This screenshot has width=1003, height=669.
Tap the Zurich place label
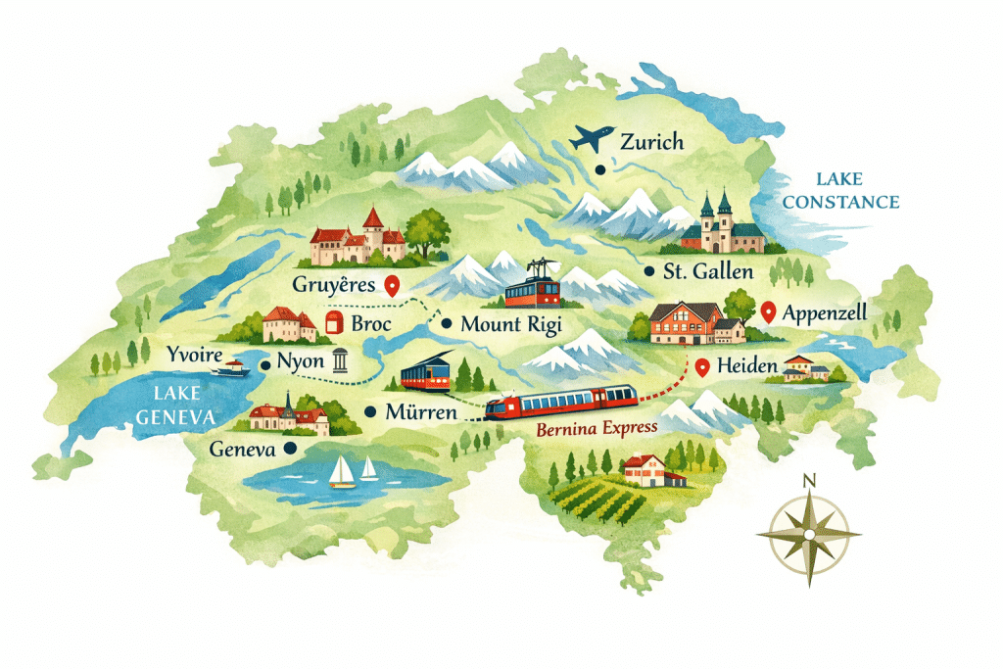[x=651, y=142]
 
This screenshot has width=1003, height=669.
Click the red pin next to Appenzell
[x=768, y=311]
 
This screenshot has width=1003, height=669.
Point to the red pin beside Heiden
[x=701, y=368]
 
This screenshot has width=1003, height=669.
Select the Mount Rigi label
[x=510, y=324]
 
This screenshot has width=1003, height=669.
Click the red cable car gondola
[x=532, y=290]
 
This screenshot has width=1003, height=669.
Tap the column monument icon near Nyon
[x=340, y=360]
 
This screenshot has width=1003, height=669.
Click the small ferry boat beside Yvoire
[x=232, y=367]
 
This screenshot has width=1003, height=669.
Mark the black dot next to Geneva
[x=289, y=448]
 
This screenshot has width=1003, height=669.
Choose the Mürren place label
[x=422, y=412]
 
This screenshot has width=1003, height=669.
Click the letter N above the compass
[x=809, y=480]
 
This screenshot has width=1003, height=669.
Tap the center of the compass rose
[x=809, y=535]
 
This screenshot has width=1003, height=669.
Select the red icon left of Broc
[x=334, y=324]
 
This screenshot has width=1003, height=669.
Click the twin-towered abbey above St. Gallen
[x=722, y=225]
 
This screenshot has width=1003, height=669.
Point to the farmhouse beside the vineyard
[x=649, y=470]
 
